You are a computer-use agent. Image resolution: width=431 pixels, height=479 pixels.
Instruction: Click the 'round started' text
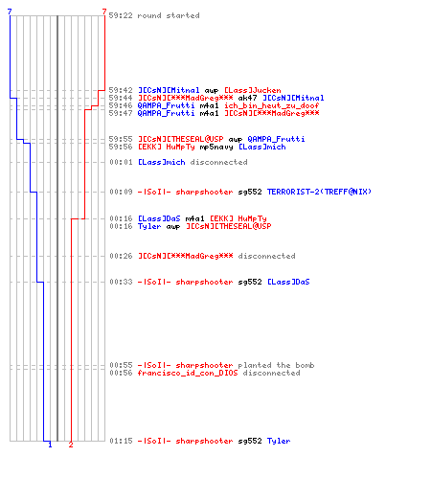169,15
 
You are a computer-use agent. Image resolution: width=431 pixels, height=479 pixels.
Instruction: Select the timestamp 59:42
121,90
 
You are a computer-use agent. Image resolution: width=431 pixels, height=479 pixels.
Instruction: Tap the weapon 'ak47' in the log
247,98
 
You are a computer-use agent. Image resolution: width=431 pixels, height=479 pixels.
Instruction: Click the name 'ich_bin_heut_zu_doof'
272,105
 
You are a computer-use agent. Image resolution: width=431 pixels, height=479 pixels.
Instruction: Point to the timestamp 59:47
121,113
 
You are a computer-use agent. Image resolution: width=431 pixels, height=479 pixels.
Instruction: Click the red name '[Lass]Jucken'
253,90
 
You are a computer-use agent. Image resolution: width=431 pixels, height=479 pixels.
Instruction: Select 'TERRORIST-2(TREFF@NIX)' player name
319,192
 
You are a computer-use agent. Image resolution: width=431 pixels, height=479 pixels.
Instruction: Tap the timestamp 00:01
121,162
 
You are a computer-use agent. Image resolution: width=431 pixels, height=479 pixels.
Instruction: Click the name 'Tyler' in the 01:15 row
279,441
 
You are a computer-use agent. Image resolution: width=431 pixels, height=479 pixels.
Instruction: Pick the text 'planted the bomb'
276,365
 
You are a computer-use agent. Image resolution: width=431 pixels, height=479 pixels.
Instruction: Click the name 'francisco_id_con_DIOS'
188,373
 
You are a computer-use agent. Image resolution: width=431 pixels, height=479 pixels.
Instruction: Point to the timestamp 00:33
121,282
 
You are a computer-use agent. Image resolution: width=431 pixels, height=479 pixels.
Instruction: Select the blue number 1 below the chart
50,445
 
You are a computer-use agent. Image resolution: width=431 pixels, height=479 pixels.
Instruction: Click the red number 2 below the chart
71,445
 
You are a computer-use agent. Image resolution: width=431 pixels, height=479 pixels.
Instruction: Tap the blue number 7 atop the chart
10,11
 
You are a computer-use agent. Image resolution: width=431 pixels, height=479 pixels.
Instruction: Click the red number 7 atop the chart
104,11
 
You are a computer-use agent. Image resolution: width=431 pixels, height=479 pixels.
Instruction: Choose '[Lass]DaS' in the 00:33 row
288,282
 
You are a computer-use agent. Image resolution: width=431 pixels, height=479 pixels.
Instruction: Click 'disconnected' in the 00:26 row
266,256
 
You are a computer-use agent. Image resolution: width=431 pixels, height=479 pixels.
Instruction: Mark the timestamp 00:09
121,192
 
